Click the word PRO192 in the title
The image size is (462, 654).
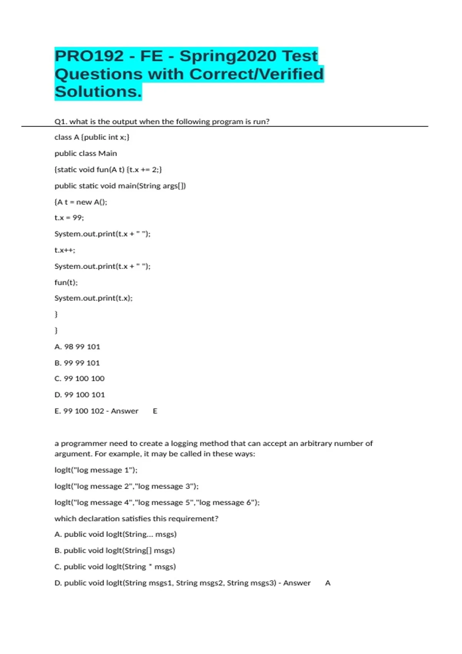89,56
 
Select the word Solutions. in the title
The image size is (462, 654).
98,92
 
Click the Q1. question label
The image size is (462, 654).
60,122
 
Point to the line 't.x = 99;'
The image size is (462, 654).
69,218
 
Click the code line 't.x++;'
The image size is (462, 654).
65,250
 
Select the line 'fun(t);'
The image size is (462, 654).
66,282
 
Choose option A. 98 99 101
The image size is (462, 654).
77,347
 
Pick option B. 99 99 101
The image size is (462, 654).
77,363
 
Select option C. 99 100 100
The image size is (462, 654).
79,379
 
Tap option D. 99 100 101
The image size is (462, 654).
79,395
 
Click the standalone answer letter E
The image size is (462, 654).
155,411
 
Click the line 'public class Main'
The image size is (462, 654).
86,153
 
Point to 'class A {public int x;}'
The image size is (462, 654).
92,137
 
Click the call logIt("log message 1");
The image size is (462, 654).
96,470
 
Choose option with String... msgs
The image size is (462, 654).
115,534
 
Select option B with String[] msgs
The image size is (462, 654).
115,551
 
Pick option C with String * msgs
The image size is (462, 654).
115,567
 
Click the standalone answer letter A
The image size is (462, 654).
328,583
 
